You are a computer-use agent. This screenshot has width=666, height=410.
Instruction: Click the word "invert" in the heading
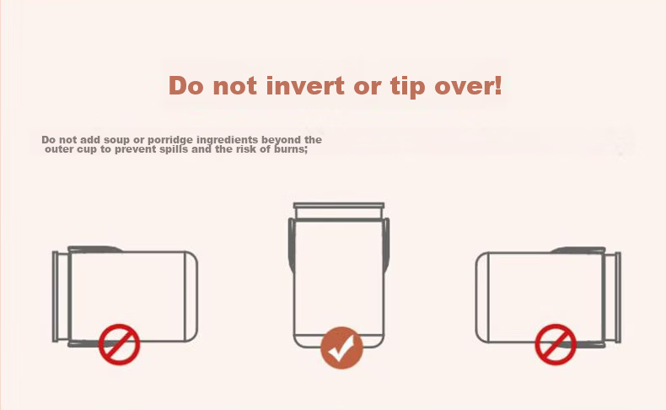[305, 85]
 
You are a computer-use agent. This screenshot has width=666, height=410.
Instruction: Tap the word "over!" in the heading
[469, 85]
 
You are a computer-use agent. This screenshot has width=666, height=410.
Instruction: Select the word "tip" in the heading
[408, 87]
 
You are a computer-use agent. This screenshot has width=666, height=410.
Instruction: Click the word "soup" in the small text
[116, 140]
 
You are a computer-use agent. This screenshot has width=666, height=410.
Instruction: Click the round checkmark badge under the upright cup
[342, 348]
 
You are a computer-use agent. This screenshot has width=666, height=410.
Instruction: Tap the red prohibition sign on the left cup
[120, 344]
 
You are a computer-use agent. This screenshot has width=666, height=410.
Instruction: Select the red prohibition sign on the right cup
[556, 344]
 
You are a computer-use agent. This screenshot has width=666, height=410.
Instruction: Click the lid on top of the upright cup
[339, 210]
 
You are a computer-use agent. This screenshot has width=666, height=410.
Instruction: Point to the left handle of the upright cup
[292, 245]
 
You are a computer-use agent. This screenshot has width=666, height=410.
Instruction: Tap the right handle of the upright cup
[386, 245]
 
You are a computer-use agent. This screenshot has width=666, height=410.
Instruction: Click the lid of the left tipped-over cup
[61, 297]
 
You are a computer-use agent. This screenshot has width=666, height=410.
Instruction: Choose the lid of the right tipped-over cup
[613, 297]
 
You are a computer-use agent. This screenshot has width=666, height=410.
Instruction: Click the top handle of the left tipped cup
[95, 249]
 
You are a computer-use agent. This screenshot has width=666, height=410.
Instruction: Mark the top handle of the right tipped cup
[578, 250]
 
